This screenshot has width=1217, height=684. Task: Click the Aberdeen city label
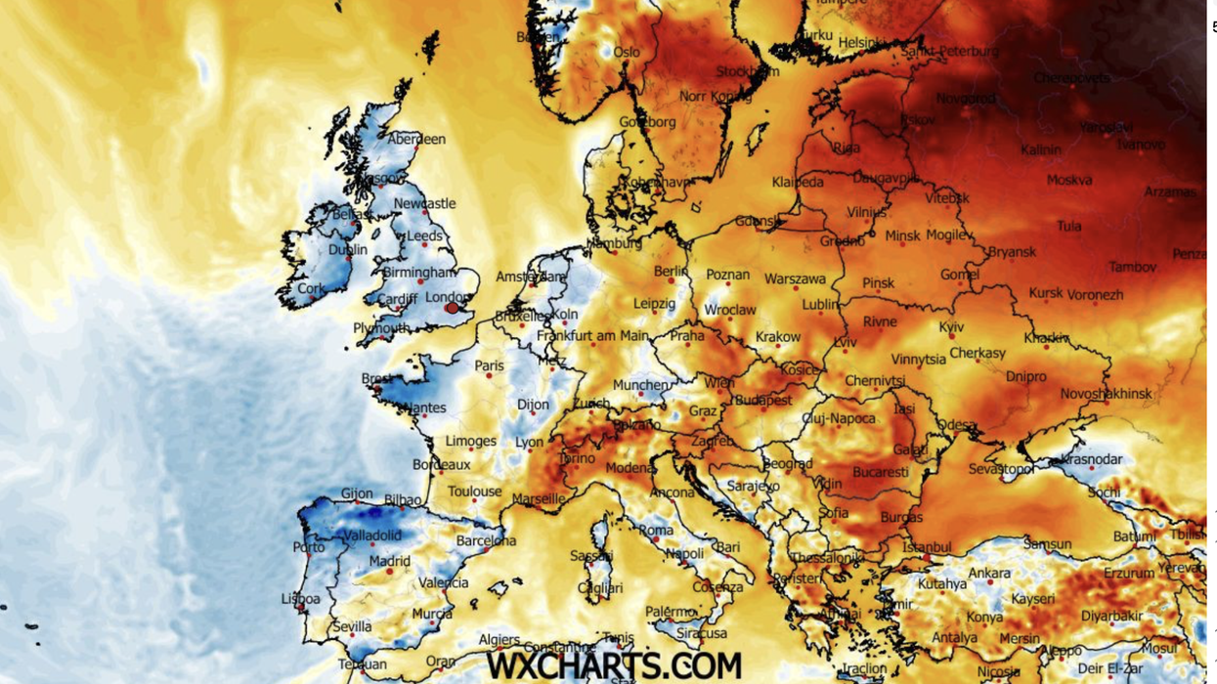(x=416, y=140)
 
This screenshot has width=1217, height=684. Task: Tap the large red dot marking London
(x=452, y=309)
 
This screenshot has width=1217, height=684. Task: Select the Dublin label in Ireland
(x=348, y=250)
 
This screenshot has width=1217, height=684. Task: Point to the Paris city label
(x=490, y=366)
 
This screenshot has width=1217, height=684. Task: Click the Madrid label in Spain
(x=390, y=562)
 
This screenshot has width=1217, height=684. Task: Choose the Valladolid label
(x=372, y=535)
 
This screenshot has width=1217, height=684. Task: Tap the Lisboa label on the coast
(x=300, y=599)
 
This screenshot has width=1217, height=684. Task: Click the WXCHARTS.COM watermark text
(x=614, y=666)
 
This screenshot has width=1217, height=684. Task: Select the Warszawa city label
(x=795, y=279)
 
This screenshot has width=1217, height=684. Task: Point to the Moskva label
(x=1069, y=180)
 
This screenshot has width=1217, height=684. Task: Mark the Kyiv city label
(x=951, y=327)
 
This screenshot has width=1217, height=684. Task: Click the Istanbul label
(x=928, y=547)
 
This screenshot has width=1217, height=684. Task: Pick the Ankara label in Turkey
(x=989, y=574)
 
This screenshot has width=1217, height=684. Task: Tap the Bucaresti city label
(x=880, y=473)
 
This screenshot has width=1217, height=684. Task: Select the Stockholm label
(x=748, y=71)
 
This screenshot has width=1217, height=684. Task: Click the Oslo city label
(x=627, y=53)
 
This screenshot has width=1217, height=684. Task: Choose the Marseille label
(x=539, y=499)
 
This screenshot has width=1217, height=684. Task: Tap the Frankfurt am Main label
(x=592, y=336)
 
